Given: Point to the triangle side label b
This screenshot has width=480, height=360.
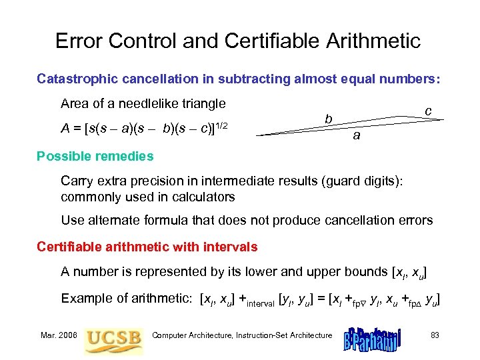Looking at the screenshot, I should coord(329,119).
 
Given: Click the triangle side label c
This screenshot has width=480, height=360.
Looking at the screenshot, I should coord(429,109).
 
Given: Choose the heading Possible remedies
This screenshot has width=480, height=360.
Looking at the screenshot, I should coord(95,156).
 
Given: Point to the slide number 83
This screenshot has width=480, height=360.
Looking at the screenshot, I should coord(435,335).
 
